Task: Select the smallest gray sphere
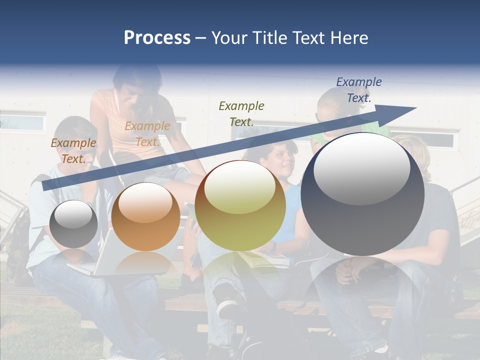point(73,224)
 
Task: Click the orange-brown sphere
point(145,216)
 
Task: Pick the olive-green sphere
point(240,205)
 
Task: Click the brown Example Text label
point(73,151)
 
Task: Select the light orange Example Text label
point(147,134)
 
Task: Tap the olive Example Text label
point(241,113)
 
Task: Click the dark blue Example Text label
point(358,90)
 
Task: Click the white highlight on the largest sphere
point(361,167)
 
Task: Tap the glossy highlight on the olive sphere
point(239,187)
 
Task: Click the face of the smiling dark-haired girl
point(283,159)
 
